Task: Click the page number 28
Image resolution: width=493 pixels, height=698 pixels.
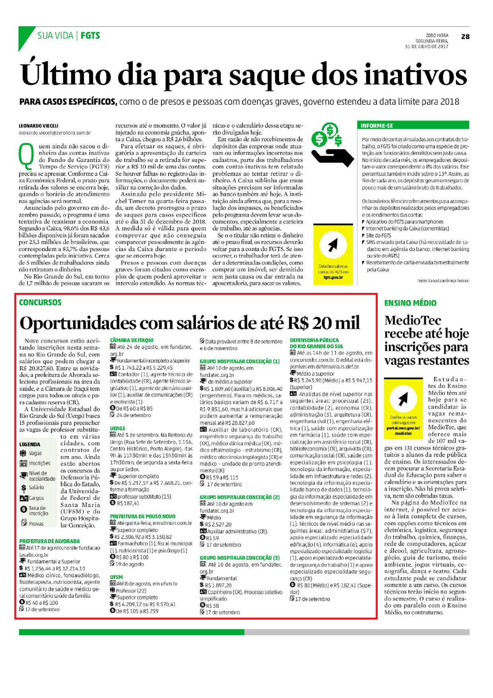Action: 465,37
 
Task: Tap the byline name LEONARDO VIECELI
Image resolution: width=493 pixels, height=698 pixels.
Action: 39,126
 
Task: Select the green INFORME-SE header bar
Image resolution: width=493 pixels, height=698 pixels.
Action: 413,125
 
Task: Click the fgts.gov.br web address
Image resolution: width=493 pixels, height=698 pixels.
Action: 333,277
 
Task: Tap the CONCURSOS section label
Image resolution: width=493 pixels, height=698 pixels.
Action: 40,302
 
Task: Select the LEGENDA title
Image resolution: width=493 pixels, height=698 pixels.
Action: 30,444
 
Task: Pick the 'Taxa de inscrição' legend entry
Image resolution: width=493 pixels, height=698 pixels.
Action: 37,511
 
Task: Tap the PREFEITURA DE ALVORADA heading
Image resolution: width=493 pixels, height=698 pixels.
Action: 50,541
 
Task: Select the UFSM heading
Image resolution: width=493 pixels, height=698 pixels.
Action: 116,577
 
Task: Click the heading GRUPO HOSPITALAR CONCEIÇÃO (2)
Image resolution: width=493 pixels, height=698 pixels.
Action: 240,497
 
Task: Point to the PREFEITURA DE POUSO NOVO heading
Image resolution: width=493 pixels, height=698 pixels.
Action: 143,516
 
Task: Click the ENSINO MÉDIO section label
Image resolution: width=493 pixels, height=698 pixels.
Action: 410,303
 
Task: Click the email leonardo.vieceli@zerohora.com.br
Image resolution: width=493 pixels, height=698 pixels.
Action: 55,133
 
